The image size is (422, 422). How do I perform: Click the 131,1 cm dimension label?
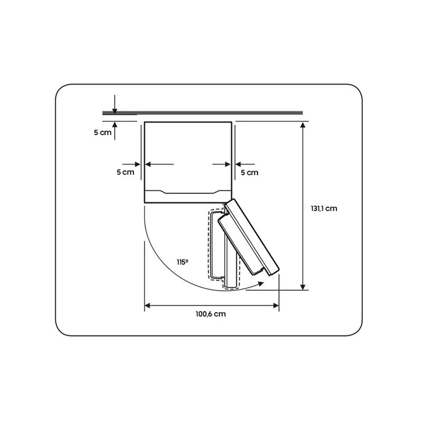[x=324, y=208]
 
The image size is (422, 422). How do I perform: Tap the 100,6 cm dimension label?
[x=211, y=314]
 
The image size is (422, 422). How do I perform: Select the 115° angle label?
[x=182, y=262]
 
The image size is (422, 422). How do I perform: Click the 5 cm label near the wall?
[x=103, y=133]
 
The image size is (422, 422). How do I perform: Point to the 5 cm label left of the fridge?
[x=125, y=172]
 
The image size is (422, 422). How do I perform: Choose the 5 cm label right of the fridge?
[x=249, y=173]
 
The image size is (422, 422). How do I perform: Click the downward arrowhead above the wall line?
[x=115, y=111]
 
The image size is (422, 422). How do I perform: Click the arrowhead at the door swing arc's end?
[x=260, y=284]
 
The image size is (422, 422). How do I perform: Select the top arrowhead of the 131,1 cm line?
[x=303, y=125]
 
